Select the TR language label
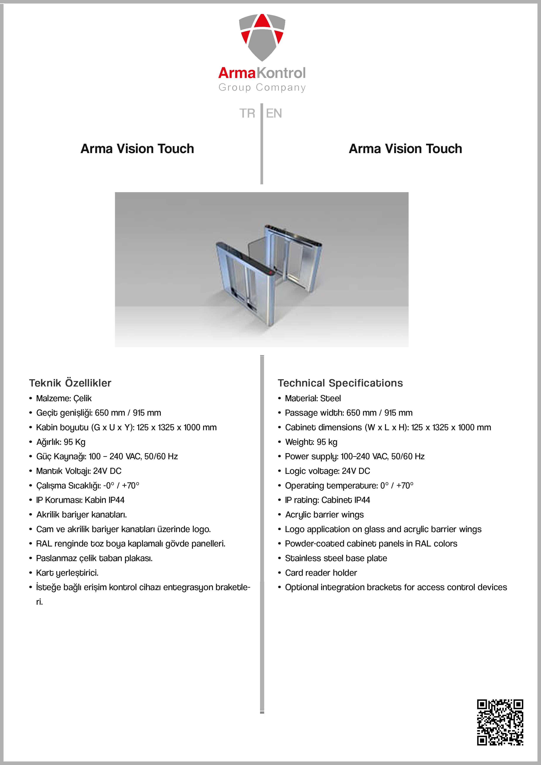point(247,113)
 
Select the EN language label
point(274,113)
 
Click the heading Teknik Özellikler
point(70,383)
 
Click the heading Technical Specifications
point(340,383)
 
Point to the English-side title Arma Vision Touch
point(405,149)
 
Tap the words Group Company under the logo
point(262,87)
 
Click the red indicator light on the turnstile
point(271,273)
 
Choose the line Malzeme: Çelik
point(64,398)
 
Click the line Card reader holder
point(321,573)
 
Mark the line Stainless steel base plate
point(336,558)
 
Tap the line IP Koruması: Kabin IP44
point(80,500)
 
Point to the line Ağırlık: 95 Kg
point(61,442)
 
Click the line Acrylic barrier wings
point(324,514)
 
